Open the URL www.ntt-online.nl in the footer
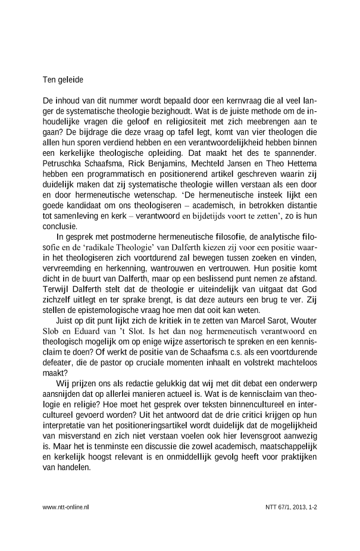(66, 507)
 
